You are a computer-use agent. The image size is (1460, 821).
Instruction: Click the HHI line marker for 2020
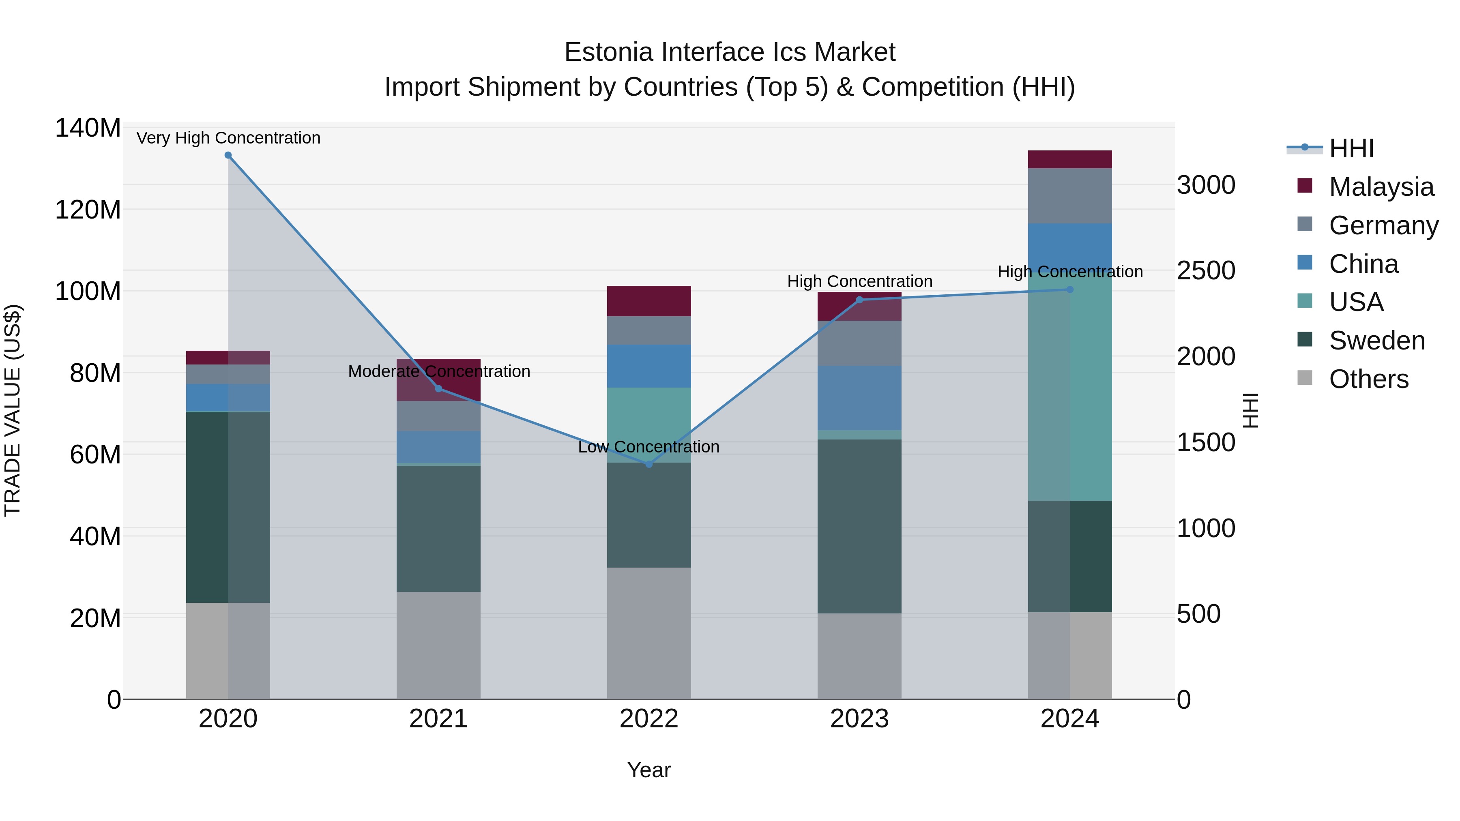pos(228,155)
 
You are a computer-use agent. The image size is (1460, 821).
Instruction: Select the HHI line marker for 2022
pos(649,464)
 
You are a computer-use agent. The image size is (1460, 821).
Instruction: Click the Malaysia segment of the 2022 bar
pos(649,301)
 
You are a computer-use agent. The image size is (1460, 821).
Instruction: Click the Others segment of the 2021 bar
pos(438,645)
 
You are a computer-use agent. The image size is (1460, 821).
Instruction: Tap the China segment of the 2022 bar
pos(649,366)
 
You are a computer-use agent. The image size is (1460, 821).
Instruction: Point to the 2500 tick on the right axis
pos(1206,271)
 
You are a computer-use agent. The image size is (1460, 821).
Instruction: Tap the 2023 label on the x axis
pos(859,719)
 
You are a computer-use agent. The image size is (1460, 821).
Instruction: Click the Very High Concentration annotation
pos(228,138)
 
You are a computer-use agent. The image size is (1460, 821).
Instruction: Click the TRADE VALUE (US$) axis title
pos(13,410)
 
